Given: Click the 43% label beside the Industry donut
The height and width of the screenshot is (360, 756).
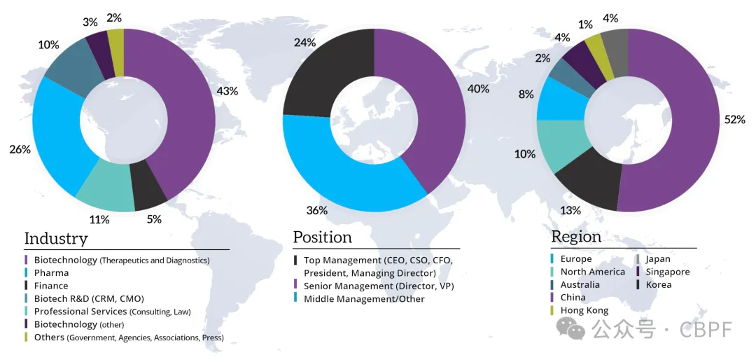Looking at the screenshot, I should click(227, 91).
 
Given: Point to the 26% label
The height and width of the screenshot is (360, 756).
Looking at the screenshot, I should click(20, 149).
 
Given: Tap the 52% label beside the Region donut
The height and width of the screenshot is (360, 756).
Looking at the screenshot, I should click(735, 120).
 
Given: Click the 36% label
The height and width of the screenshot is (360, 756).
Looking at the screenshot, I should click(316, 210).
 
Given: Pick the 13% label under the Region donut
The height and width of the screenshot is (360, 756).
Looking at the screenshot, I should click(570, 210).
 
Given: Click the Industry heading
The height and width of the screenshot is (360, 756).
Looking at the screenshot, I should click(56, 238).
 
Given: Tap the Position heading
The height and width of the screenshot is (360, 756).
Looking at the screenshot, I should click(323, 237).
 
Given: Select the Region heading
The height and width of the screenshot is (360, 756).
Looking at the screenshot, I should click(576, 236).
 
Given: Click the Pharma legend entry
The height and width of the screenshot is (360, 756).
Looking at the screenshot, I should click(51, 272).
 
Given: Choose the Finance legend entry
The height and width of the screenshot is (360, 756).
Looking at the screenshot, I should click(51, 286).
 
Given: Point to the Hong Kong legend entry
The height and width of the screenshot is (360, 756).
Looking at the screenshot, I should click(584, 310).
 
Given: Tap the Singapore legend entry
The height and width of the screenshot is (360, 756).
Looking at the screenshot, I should click(667, 272).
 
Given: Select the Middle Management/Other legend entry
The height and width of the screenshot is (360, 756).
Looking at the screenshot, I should click(364, 299).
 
